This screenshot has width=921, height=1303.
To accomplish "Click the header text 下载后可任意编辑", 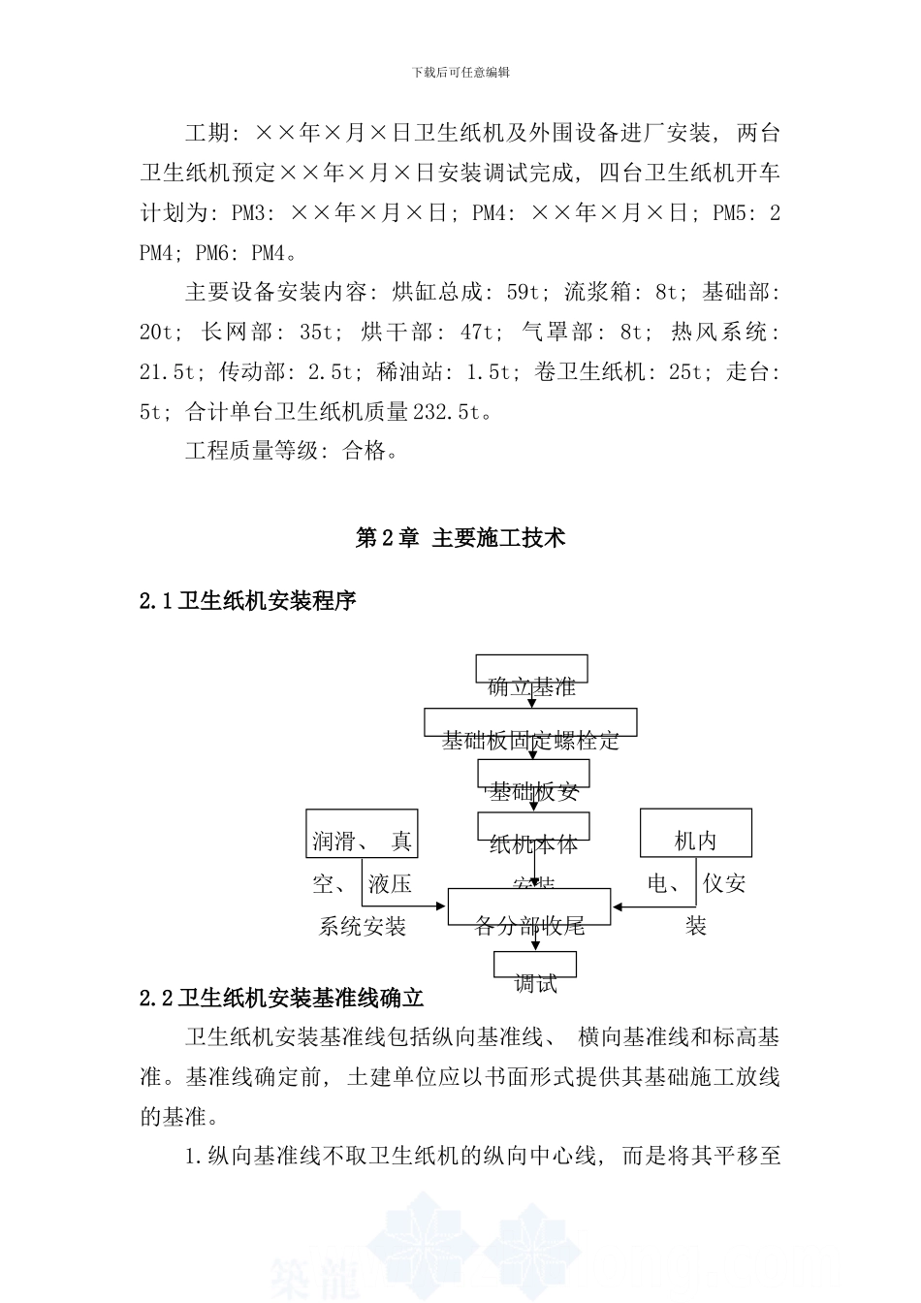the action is (460, 72).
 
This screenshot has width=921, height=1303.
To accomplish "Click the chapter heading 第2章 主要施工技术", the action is (460, 538).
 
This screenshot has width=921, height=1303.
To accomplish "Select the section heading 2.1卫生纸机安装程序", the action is (248, 601).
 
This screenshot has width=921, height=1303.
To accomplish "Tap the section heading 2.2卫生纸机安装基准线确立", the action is (282, 998).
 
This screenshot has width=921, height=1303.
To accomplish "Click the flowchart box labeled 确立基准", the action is (531, 669).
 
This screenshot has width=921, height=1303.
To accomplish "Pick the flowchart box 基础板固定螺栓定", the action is (530, 722).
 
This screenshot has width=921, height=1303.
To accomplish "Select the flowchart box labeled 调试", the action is (535, 965).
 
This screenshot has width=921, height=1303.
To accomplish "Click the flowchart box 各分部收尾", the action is (529, 906).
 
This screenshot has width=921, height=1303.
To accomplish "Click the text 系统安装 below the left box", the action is (363, 927).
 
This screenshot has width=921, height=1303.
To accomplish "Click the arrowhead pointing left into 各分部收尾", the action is (617, 907).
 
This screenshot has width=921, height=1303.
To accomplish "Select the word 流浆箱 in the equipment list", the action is (597, 292).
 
